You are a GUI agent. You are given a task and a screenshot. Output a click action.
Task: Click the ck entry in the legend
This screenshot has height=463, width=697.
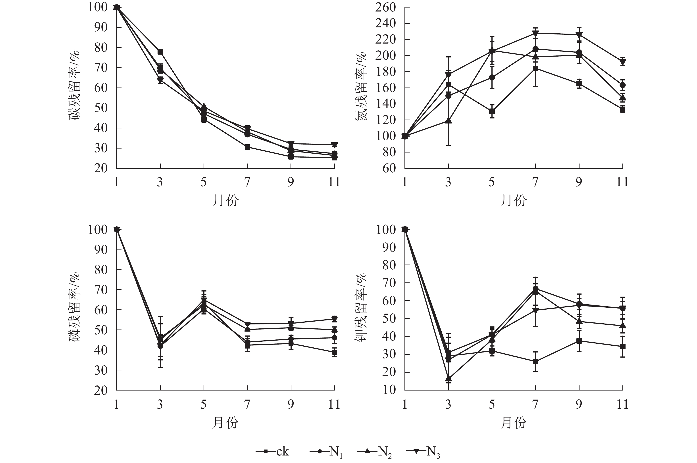(273, 452)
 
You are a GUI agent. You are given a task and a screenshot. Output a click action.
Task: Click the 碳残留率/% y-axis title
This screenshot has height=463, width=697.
(75, 86)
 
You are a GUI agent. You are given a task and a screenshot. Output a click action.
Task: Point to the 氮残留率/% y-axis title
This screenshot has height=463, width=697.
(361, 87)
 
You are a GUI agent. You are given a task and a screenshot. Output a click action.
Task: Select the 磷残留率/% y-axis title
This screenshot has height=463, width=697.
(75, 307)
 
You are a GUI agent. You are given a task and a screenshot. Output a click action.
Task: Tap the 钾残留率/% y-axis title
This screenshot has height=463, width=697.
(361, 307)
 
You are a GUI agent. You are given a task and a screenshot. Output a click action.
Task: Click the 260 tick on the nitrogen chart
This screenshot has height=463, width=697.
(385, 7)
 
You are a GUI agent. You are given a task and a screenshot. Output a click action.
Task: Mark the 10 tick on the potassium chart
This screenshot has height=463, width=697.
(389, 390)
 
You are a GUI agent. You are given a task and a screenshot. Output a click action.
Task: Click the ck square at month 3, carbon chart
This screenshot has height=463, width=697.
(160, 52)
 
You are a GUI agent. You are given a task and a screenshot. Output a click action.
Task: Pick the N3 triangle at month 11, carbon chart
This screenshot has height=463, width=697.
(334, 145)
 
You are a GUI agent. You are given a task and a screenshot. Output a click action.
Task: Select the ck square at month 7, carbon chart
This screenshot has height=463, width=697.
(247, 147)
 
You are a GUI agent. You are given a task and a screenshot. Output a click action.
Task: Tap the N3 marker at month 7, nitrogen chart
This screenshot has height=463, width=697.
(535, 33)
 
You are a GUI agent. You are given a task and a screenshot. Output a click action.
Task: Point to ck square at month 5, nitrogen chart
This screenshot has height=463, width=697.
(492, 112)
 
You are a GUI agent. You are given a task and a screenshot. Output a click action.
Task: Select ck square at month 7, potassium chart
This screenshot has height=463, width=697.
(535, 361)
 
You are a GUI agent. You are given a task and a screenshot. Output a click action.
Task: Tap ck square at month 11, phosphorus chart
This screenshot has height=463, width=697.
(334, 352)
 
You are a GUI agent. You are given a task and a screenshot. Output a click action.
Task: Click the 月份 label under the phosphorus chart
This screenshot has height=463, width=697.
(225, 423)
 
